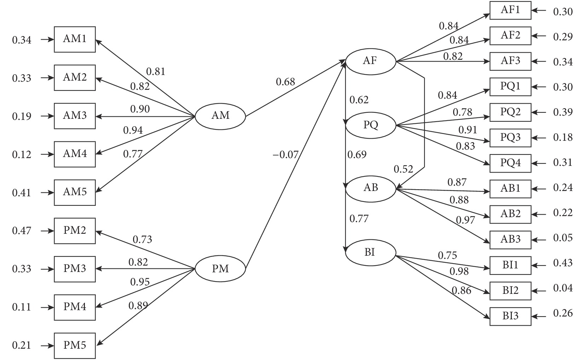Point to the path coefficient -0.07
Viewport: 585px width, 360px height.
(285, 155)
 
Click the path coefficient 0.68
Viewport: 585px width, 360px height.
(285, 82)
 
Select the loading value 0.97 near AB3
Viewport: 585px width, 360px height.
(465, 220)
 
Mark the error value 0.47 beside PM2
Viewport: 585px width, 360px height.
(22, 231)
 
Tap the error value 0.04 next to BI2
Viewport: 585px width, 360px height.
(563, 288)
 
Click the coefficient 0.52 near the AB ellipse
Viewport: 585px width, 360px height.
(403, 169)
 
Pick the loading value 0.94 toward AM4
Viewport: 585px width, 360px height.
(133, 130)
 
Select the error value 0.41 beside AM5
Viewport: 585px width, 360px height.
(22, 193)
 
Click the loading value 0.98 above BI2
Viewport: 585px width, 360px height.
(459, 272)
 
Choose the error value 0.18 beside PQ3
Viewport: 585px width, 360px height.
(563, 137)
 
